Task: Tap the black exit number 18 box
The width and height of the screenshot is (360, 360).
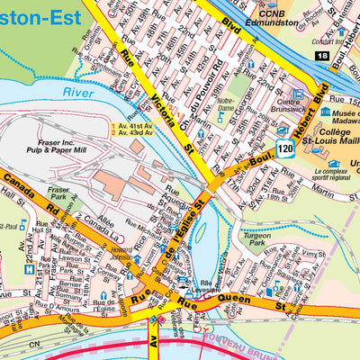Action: [x=323, y=56]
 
